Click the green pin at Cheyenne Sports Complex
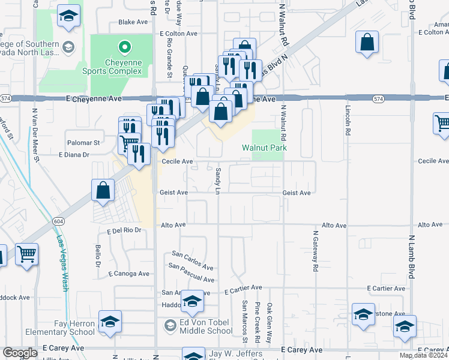click(x=124, y=46)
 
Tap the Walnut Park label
click(x=264, y=148)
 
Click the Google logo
click(x=20, y=353)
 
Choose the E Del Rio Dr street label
click(x=124, y=230)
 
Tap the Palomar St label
click(x=83, y=143)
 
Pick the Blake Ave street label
click(x=133, y=22)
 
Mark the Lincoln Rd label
click(x=348, y=122)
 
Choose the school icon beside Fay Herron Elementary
click(x=110, y=322)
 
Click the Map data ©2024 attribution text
click(x=423, y=355)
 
